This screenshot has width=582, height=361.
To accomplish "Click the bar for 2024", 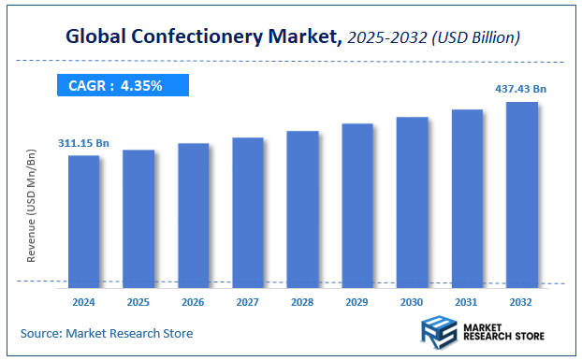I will pyautogui.click(x=83, y=220).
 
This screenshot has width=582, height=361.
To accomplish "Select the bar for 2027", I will pyautogui.click(x=248, y=211).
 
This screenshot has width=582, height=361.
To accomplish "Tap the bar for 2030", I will pyautogui.click(x=412, y=201).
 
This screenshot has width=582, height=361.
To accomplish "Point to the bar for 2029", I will pyautogui.click(x=357, y=204).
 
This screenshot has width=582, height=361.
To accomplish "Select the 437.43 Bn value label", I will pyautogui.click(x=520, y=89).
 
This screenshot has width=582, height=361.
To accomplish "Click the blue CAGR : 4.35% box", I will pyautogui.click(x=122, y=86).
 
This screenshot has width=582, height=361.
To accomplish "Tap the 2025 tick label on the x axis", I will pyautogui.click(x=138, y=302).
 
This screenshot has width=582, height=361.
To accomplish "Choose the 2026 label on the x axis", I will pyautogui.click(x=193, y=302).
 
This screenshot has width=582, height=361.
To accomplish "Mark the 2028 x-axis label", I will pyautogui.click(x=302, y=302).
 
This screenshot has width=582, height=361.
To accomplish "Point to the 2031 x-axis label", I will pyautogui.click(x=467, y=302).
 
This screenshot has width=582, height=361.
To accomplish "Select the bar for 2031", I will pyautogui.click(x=467, y=197).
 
